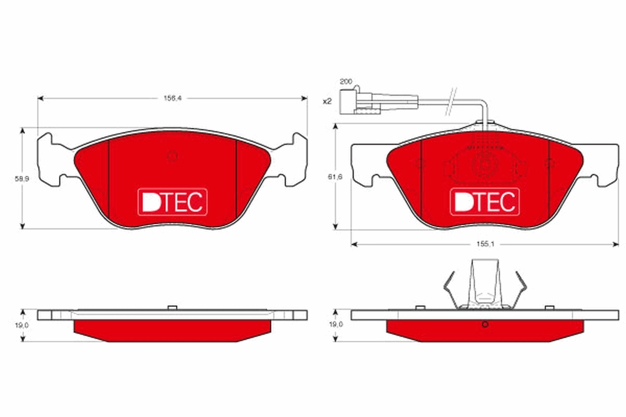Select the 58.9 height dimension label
tap(20, 178)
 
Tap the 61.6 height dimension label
tap(334, 177)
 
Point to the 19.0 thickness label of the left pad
tap(20, 324)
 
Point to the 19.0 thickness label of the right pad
tap(334, 324)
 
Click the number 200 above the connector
tap(345, 82)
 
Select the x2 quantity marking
tap(327, 101)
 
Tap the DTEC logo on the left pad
tap(172, 202)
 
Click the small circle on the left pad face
tap(172, 156)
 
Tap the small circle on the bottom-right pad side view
tap(485, 325)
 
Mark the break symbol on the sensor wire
tap(451, 101)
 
